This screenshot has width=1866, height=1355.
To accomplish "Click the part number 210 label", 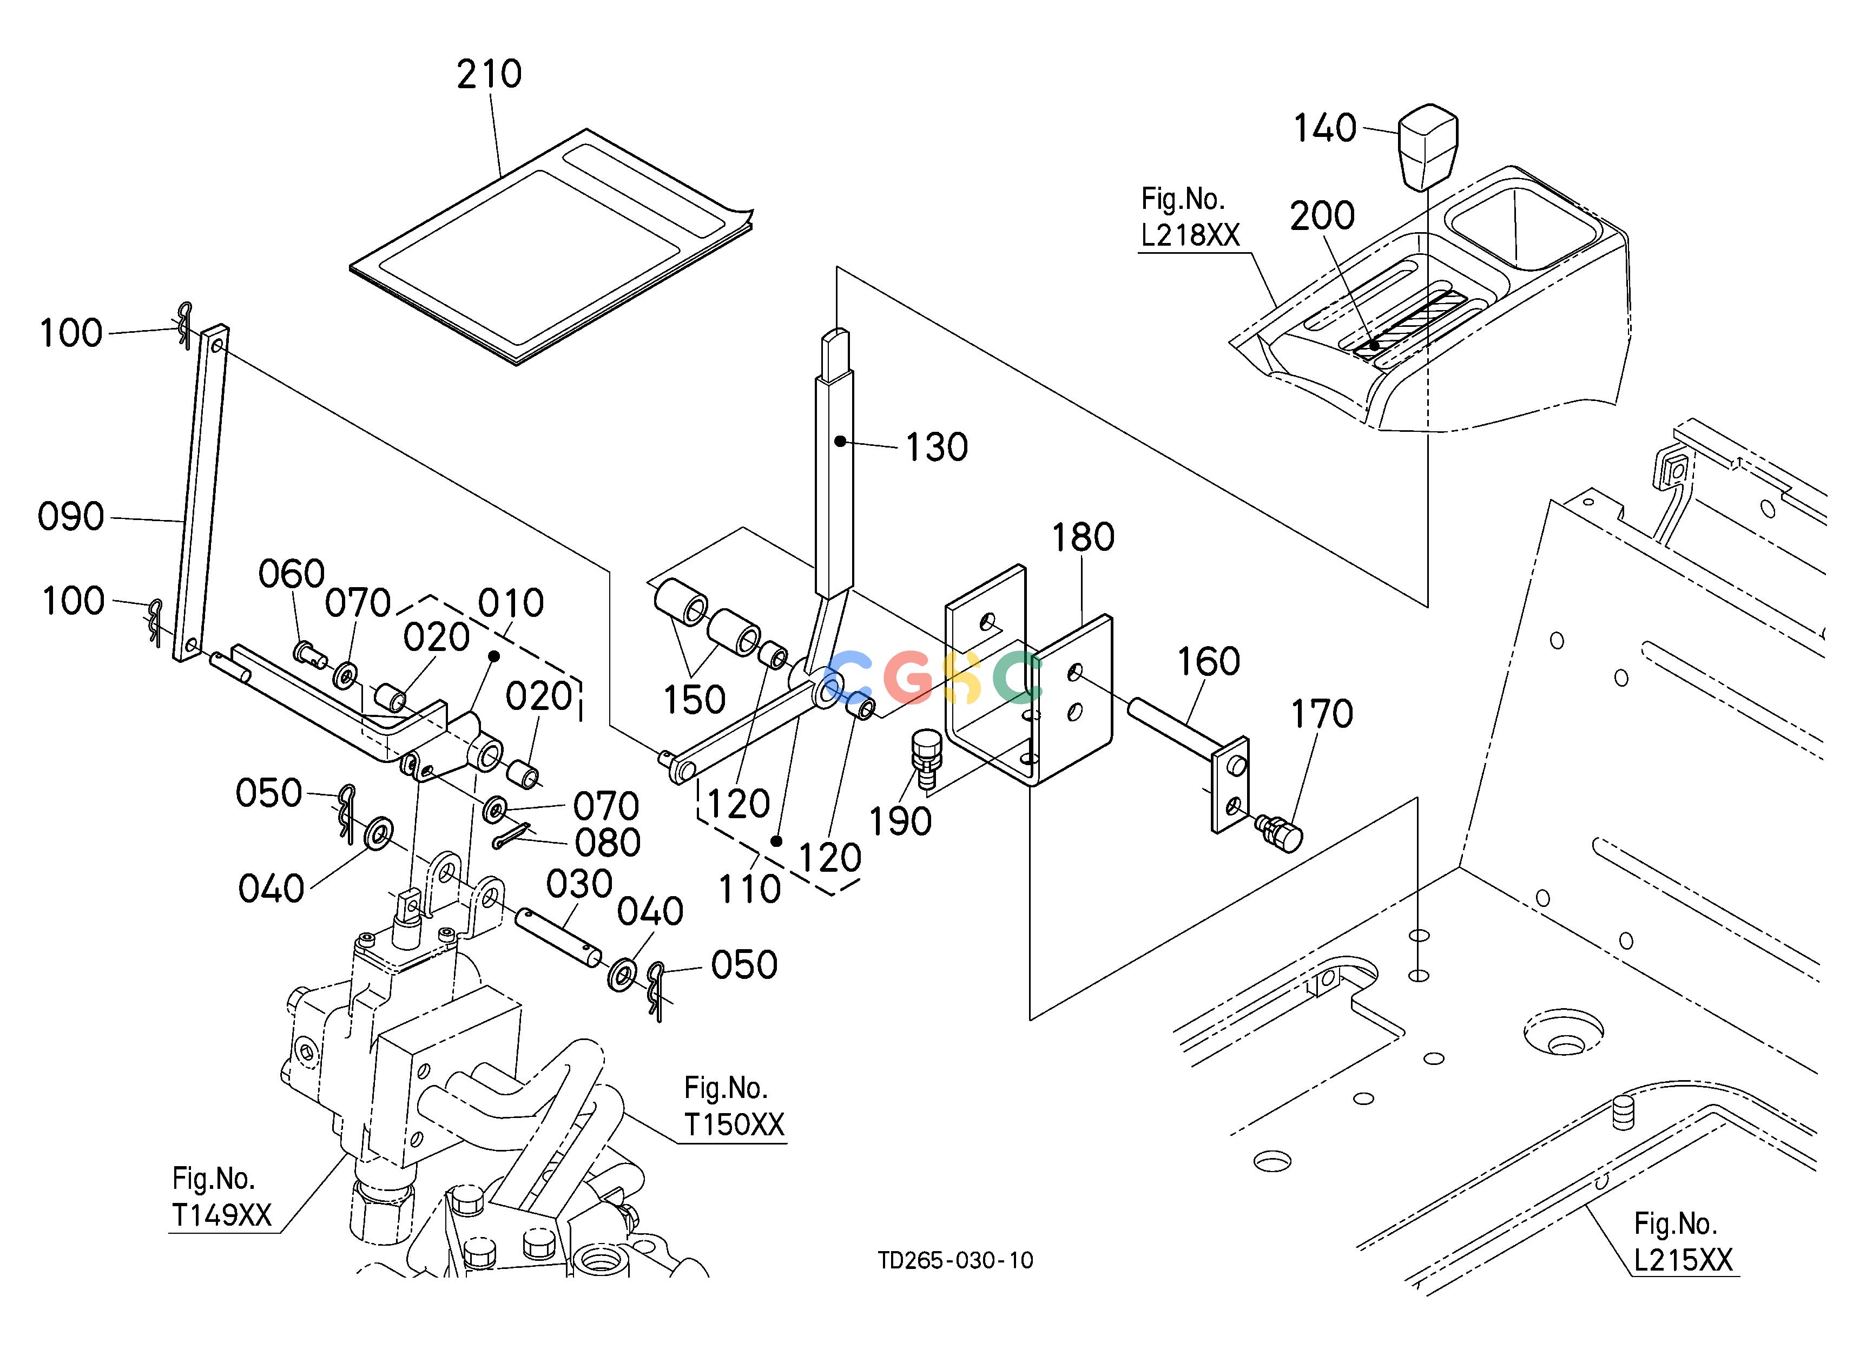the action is coord(490,74).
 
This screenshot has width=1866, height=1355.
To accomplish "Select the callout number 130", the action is coord(937,448).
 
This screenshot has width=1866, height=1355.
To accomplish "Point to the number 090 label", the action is coord(71,517).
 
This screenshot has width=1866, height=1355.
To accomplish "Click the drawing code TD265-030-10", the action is coord(955,1260).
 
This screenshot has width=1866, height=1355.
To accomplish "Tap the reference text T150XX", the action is coord(734,1124).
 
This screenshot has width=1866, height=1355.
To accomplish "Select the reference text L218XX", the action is coord(1190,235).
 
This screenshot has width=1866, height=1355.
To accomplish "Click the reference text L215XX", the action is coord(1683,1260).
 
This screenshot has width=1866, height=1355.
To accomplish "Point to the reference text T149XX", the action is coord(221,1215).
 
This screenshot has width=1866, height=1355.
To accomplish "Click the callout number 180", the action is coord(1083,537).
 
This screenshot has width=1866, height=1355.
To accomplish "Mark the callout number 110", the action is coord(749,889).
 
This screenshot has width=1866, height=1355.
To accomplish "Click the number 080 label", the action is coord(607,843).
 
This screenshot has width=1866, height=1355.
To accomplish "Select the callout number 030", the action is coord(579,884).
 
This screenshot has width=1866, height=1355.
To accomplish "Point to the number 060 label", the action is coord(291,574).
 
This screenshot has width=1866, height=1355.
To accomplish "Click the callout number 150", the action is coord(694,700).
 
